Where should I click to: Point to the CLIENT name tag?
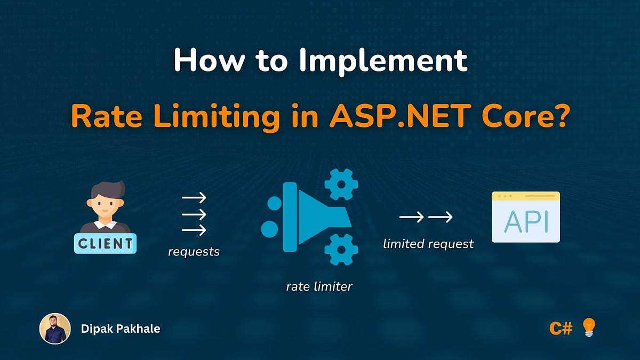coord(105,244)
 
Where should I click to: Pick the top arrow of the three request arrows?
coord(194,198)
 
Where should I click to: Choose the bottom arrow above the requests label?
coord(194,230)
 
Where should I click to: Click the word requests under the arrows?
coord(194,251)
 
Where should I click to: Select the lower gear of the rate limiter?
coord(341,249)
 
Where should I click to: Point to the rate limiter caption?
coord(319,286)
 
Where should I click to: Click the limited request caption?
coord(428,244)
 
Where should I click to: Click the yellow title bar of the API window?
coord(525,196)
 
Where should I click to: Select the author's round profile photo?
coord(55,329)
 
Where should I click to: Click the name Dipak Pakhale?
coord(121,329)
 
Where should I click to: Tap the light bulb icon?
coord(588,327)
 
